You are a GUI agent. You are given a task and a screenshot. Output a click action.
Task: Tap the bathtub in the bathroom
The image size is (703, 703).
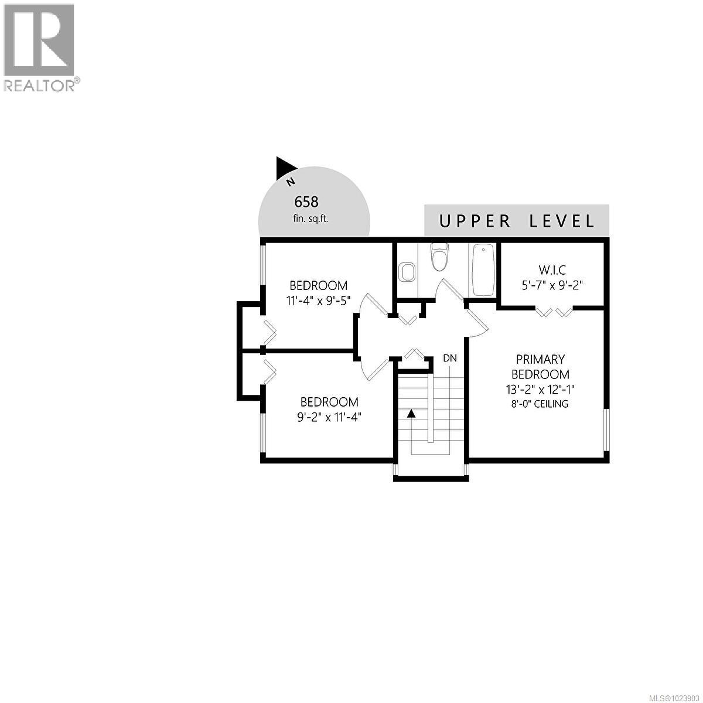coord(483,269)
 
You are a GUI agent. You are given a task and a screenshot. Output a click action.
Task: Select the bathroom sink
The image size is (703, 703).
coord(407,272)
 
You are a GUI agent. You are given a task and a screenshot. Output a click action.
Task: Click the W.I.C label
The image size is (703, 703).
coord(552,270)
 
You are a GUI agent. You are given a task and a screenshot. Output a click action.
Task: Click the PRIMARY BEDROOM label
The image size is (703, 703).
coord(540,367)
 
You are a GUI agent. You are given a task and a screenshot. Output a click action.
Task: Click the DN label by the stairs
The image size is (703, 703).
coord(449,358)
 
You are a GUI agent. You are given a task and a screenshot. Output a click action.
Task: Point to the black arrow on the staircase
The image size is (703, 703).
coord(411,413)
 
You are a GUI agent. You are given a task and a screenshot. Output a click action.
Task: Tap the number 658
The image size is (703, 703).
coord(306,202)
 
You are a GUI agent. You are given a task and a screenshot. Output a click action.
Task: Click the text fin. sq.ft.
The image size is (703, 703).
coord(311,219)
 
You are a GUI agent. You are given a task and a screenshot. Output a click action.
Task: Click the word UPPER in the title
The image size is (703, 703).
coord(474,221)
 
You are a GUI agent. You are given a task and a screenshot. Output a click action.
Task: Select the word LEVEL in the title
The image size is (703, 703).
coord(562,221)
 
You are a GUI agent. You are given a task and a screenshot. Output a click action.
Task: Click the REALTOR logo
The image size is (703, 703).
coord(40,47)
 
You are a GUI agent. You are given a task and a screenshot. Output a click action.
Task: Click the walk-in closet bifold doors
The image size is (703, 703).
coord(554,312)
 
